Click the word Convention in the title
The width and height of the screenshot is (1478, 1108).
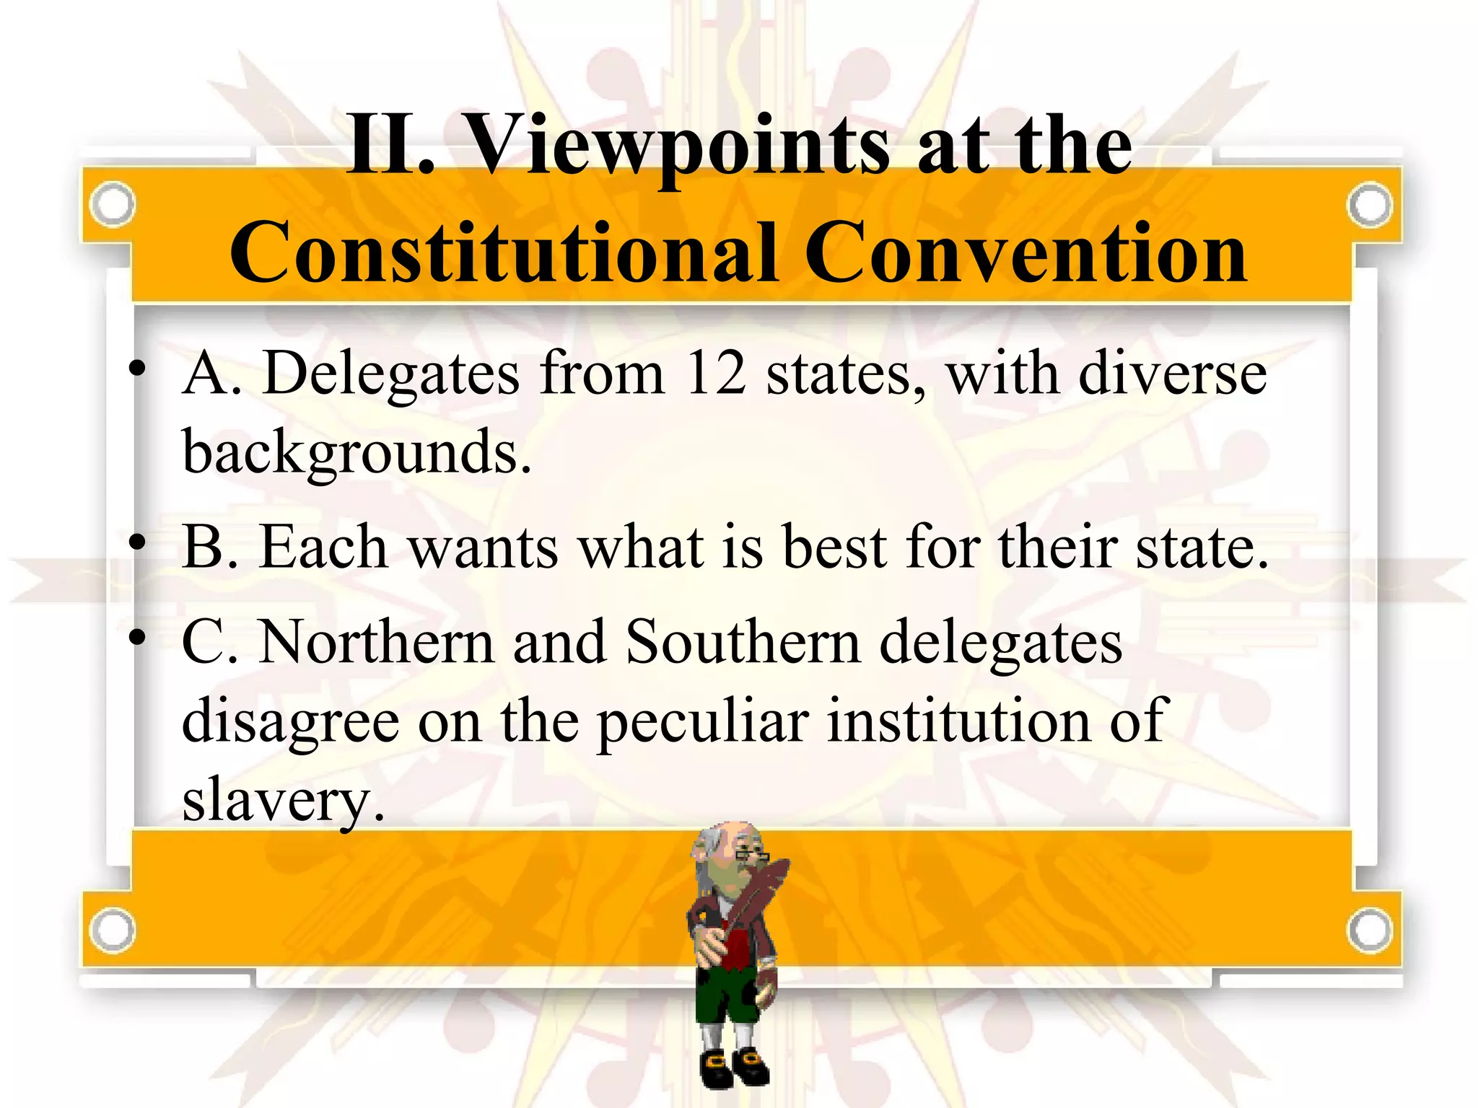pos(1025,252)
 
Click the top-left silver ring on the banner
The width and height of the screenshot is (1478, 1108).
pos(113,204)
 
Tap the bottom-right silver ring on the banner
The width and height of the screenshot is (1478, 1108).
pos(1369,931)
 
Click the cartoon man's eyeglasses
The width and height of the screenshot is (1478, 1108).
pos(751,857)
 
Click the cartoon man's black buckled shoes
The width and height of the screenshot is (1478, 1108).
pos(733,1066)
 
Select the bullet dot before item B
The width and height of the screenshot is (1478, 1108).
pos(137,542)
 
